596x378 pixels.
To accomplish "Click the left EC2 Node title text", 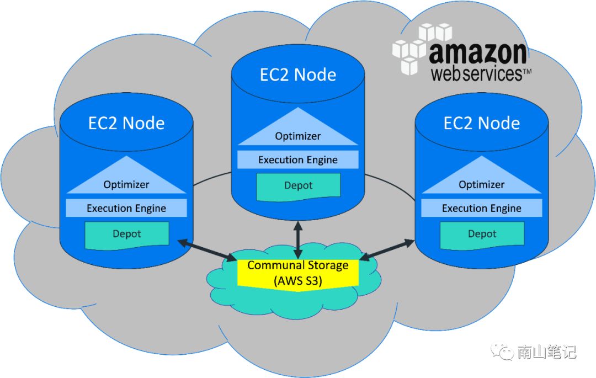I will [x=126, y=123].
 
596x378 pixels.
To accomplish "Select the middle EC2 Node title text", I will [x=298, y=74].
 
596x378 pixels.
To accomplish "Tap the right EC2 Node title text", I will [x=482, y=123].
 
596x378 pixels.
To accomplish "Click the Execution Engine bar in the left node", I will [x=126, y=208].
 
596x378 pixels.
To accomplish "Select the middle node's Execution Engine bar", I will [x=298, y=160].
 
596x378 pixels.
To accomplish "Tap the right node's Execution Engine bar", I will [x=482, y=208].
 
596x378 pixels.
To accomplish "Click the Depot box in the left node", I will [x=127, y=234].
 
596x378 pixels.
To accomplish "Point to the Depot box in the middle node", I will [x=298, y=185].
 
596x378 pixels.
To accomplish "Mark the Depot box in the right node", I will [x=482, y=234].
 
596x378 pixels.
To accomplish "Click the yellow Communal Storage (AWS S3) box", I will [x=298, y=273].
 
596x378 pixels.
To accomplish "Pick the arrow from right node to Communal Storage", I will [x=387, y=249].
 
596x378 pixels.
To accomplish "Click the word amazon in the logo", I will [x=477, y=54].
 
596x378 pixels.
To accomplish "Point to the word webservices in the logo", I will [x=476, y=74].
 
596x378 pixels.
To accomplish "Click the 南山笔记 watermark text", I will [x=546, y=352].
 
